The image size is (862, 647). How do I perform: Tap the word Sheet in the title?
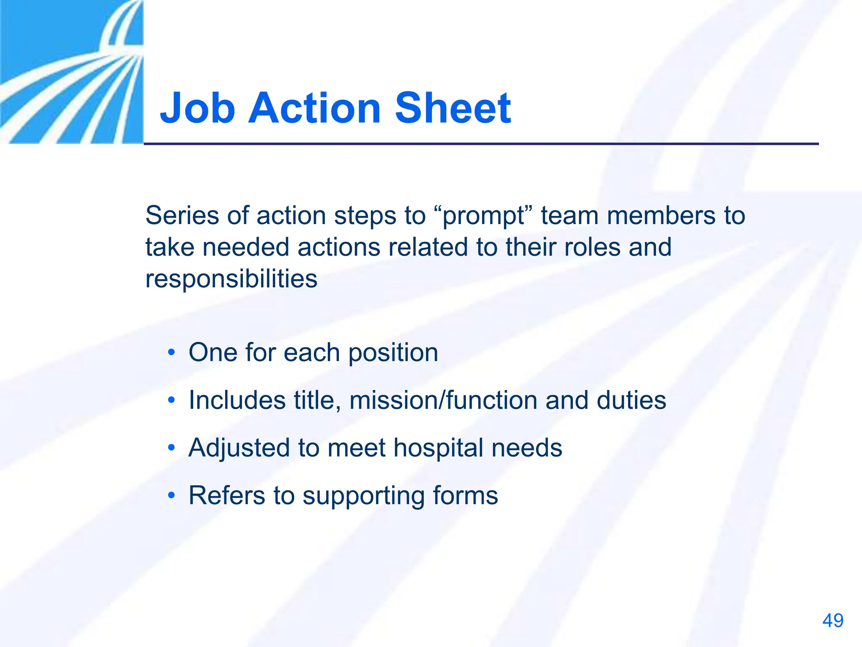pos(453,108)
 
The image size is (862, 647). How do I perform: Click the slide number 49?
pos(833,620)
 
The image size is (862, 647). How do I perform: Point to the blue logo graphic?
pos(72,72)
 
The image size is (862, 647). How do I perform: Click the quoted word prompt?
pos(484,216)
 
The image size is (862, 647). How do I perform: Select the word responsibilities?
pos(231,279)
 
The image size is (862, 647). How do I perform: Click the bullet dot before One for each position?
pos(171,352)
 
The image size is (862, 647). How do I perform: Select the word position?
pos(393,353)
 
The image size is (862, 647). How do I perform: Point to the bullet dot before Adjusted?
pos(171,447)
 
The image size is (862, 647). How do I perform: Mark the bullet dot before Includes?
pos(171,400)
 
